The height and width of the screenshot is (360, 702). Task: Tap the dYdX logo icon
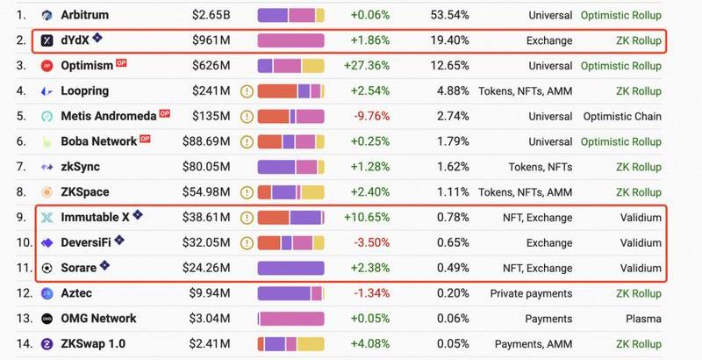47,41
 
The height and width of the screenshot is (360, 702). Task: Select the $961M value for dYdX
211,41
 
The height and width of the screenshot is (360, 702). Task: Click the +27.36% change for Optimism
370,66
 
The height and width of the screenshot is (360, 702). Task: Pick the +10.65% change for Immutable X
370,218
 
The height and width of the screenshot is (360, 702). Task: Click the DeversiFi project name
91,243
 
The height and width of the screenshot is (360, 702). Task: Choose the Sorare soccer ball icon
47,269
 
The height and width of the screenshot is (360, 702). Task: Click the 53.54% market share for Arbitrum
450,16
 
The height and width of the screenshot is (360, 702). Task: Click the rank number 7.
21,167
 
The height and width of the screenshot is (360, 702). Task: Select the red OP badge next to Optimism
122,64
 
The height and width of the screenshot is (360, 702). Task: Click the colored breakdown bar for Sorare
290,269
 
